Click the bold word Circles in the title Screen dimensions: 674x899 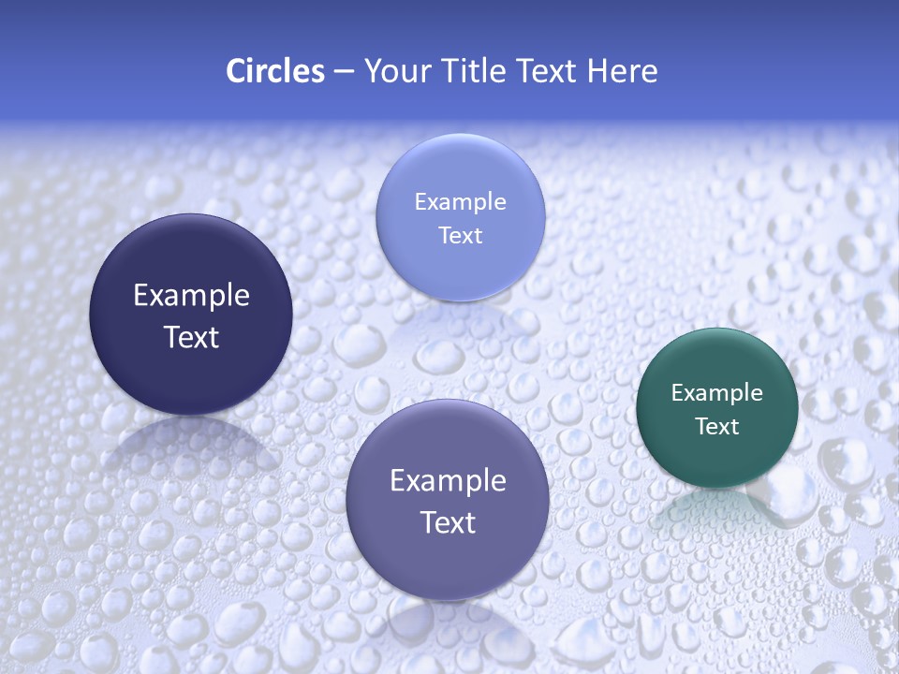tap(274, 71)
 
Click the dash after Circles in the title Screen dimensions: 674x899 tap(344, 72)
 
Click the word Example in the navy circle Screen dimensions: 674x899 tap(191, 296)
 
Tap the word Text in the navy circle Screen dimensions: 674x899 tap(191, 337)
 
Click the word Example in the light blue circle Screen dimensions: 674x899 tap(460, 201)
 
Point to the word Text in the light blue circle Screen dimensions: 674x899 tap(460, 235)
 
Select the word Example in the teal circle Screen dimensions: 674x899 tap(717, 393)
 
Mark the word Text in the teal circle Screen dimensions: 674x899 tap(717, 427)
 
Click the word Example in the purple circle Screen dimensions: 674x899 tap(448, 481)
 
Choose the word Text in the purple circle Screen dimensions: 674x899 tap(448, 522)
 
